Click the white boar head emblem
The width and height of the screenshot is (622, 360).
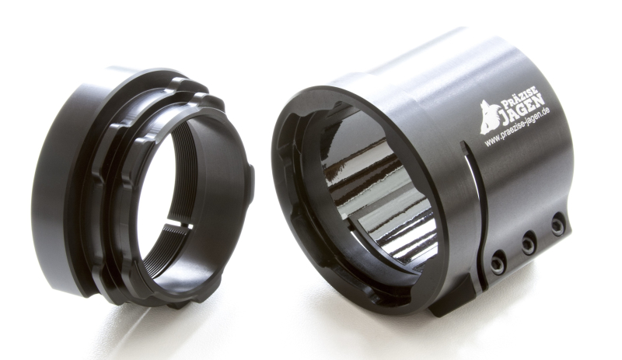click(x=488, y=117)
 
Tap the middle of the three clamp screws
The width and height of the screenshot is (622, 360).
click(x=529, y=243)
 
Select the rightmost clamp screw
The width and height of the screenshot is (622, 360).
click(x=557, y=225)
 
